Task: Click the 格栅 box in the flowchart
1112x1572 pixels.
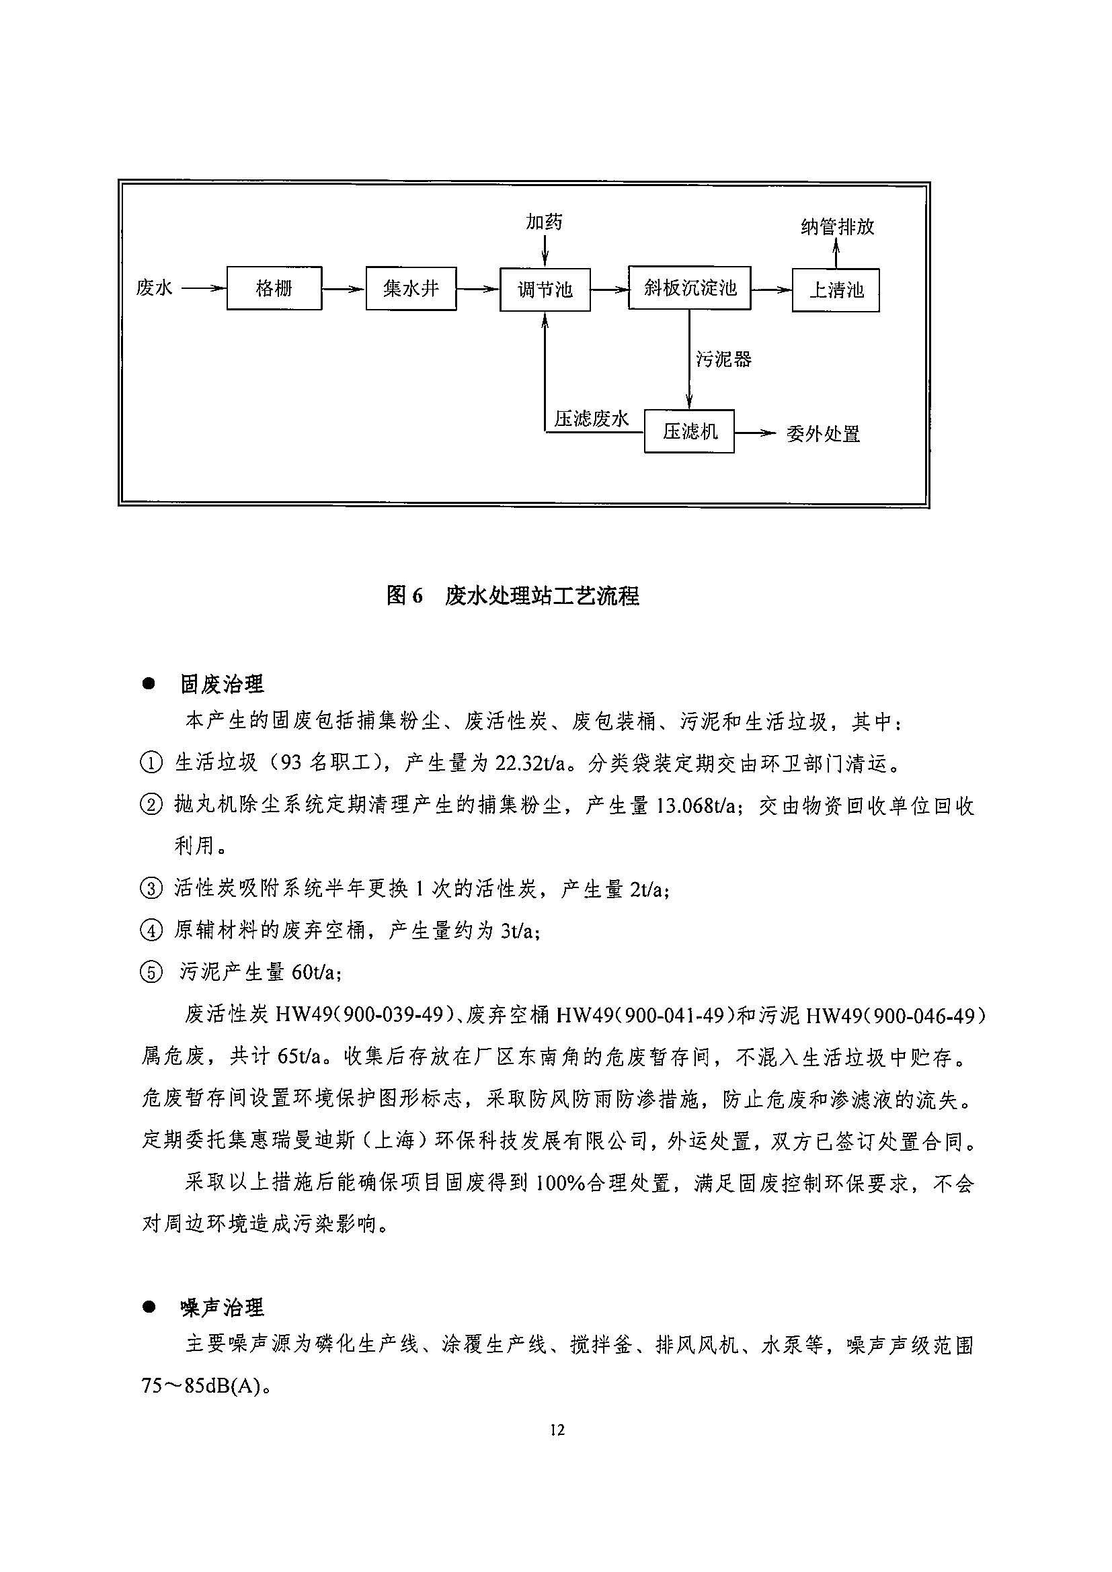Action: (274, 288)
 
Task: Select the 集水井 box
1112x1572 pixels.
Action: (410, 288)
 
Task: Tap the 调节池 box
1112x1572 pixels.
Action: (545, 290)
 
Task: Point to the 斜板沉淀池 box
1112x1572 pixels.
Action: (689, 288)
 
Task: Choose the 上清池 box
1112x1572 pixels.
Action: (835, 290)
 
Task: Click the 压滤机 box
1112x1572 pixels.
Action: (688, 431)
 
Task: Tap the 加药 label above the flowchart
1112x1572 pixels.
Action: (544, 222)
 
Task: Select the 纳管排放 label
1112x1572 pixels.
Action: (837, 226)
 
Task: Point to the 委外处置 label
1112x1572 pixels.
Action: (822, 434)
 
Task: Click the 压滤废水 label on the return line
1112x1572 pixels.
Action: (591, 419)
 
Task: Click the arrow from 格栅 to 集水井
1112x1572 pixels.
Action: (344, 289)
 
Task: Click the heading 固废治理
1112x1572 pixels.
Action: (221, 683)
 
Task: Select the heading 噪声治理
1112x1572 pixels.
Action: (221, 1309)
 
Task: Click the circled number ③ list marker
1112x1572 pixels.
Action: (151, 889)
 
